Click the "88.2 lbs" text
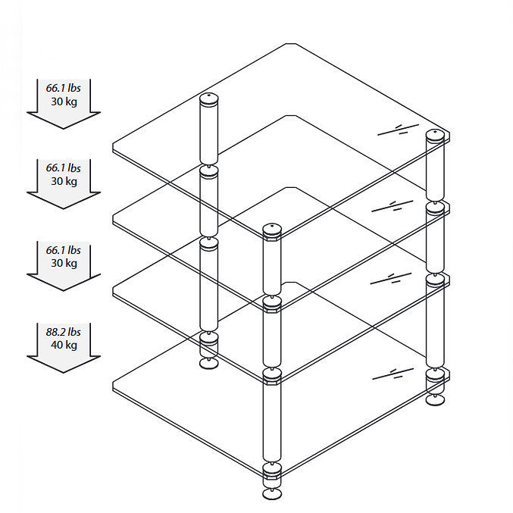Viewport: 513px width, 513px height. (63, 332)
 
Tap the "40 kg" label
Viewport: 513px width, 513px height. (64, 345)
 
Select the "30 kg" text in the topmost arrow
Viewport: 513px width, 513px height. (64, 102)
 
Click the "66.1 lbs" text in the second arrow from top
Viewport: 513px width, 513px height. (63, 167)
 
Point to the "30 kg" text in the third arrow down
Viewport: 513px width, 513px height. (64, 263)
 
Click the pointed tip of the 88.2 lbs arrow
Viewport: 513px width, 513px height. (64, 373)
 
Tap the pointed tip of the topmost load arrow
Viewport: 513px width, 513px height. (64, 129)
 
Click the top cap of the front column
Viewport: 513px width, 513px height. (272, 230)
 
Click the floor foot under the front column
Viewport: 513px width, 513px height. (272, 494)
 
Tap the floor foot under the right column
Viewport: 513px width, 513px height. (435, 399)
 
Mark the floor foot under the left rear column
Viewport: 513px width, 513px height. (208, 364)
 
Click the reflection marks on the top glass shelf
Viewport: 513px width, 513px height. (398, 130)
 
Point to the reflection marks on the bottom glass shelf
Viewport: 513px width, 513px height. (393, 374)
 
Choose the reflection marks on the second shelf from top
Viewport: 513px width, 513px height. (393, 206)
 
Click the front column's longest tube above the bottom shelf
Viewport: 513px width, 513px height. (272, 421)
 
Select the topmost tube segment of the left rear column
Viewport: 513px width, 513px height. (208, 134)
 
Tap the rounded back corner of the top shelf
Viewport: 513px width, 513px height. (291, 44)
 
